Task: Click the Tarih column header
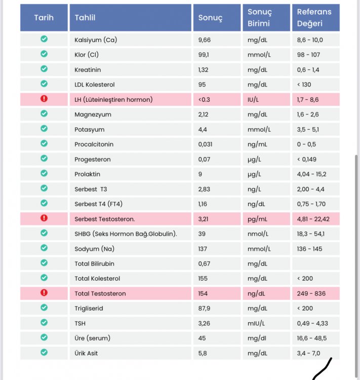[x=44, y=17]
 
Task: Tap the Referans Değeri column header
[x=315, y=17]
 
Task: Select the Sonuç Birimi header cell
[x=266, y=17]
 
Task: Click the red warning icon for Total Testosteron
[x=44, y=293]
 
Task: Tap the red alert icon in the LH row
[x=44, y=99]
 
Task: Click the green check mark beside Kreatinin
[x=44, y=69]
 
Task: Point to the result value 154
[x=203, y=293]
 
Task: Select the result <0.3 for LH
[x=204, y=100]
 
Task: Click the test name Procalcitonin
[x=94, y=144]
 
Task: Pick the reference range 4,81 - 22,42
[x=313, y=219]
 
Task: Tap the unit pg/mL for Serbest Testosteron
[x=257, y=219]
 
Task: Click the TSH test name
[x=80, y=324]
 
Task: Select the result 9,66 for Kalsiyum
[x=204, y=40]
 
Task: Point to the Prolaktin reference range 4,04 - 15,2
[x=311, y=174]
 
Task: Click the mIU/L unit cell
[x=256, y=324]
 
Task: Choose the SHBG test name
[x=126, y=234]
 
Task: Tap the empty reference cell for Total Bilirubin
[x=315, y=263]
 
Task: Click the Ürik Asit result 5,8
[x=203, y=353]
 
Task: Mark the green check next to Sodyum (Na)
[x=44, y=248]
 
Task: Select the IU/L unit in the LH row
[x=253, y=100]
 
